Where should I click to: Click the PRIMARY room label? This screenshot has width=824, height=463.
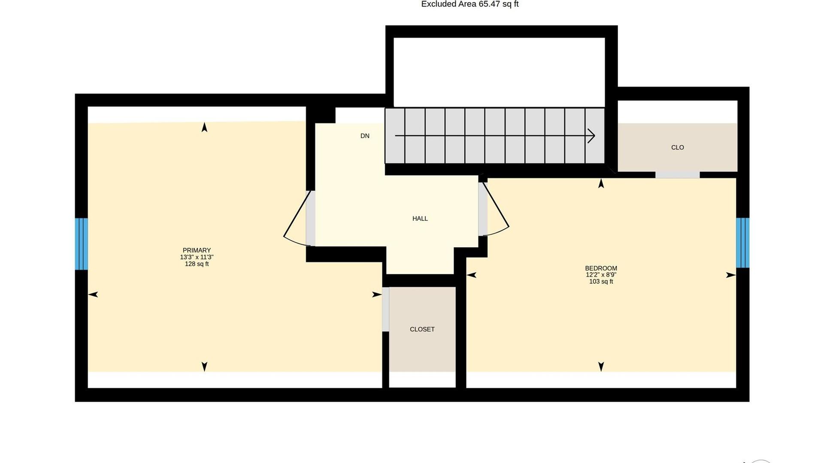pos(197,250)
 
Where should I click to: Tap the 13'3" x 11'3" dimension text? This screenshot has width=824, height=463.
pos(197,257)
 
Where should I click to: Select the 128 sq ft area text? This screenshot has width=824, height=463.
pos(197,264)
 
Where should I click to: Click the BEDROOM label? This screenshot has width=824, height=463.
pos(601,268)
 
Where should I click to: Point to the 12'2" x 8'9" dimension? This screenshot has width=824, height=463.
pos(601,275)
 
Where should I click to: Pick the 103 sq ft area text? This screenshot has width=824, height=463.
pos(601,282)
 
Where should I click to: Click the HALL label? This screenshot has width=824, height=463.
pos(420,219)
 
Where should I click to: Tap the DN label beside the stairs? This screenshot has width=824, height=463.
pos(365,136)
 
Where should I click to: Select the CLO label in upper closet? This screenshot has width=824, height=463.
pos(678,147)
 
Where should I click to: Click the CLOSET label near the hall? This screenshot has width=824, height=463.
pos(422,329)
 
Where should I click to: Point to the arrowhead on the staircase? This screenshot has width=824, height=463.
pos(591,136)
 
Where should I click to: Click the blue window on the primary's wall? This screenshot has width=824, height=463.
pos(82,244)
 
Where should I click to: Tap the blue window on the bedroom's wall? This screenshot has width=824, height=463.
pos(743,243)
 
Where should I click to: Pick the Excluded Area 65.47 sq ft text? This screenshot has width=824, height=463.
pos(470,4)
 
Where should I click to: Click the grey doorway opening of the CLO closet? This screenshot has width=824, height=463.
pos(677,175)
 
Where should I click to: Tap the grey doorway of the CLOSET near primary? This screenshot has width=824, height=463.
pos(385,309)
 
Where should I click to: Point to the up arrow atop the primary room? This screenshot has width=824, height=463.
pos(204,127)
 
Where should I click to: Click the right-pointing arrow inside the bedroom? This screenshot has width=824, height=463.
pos(731,275)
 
